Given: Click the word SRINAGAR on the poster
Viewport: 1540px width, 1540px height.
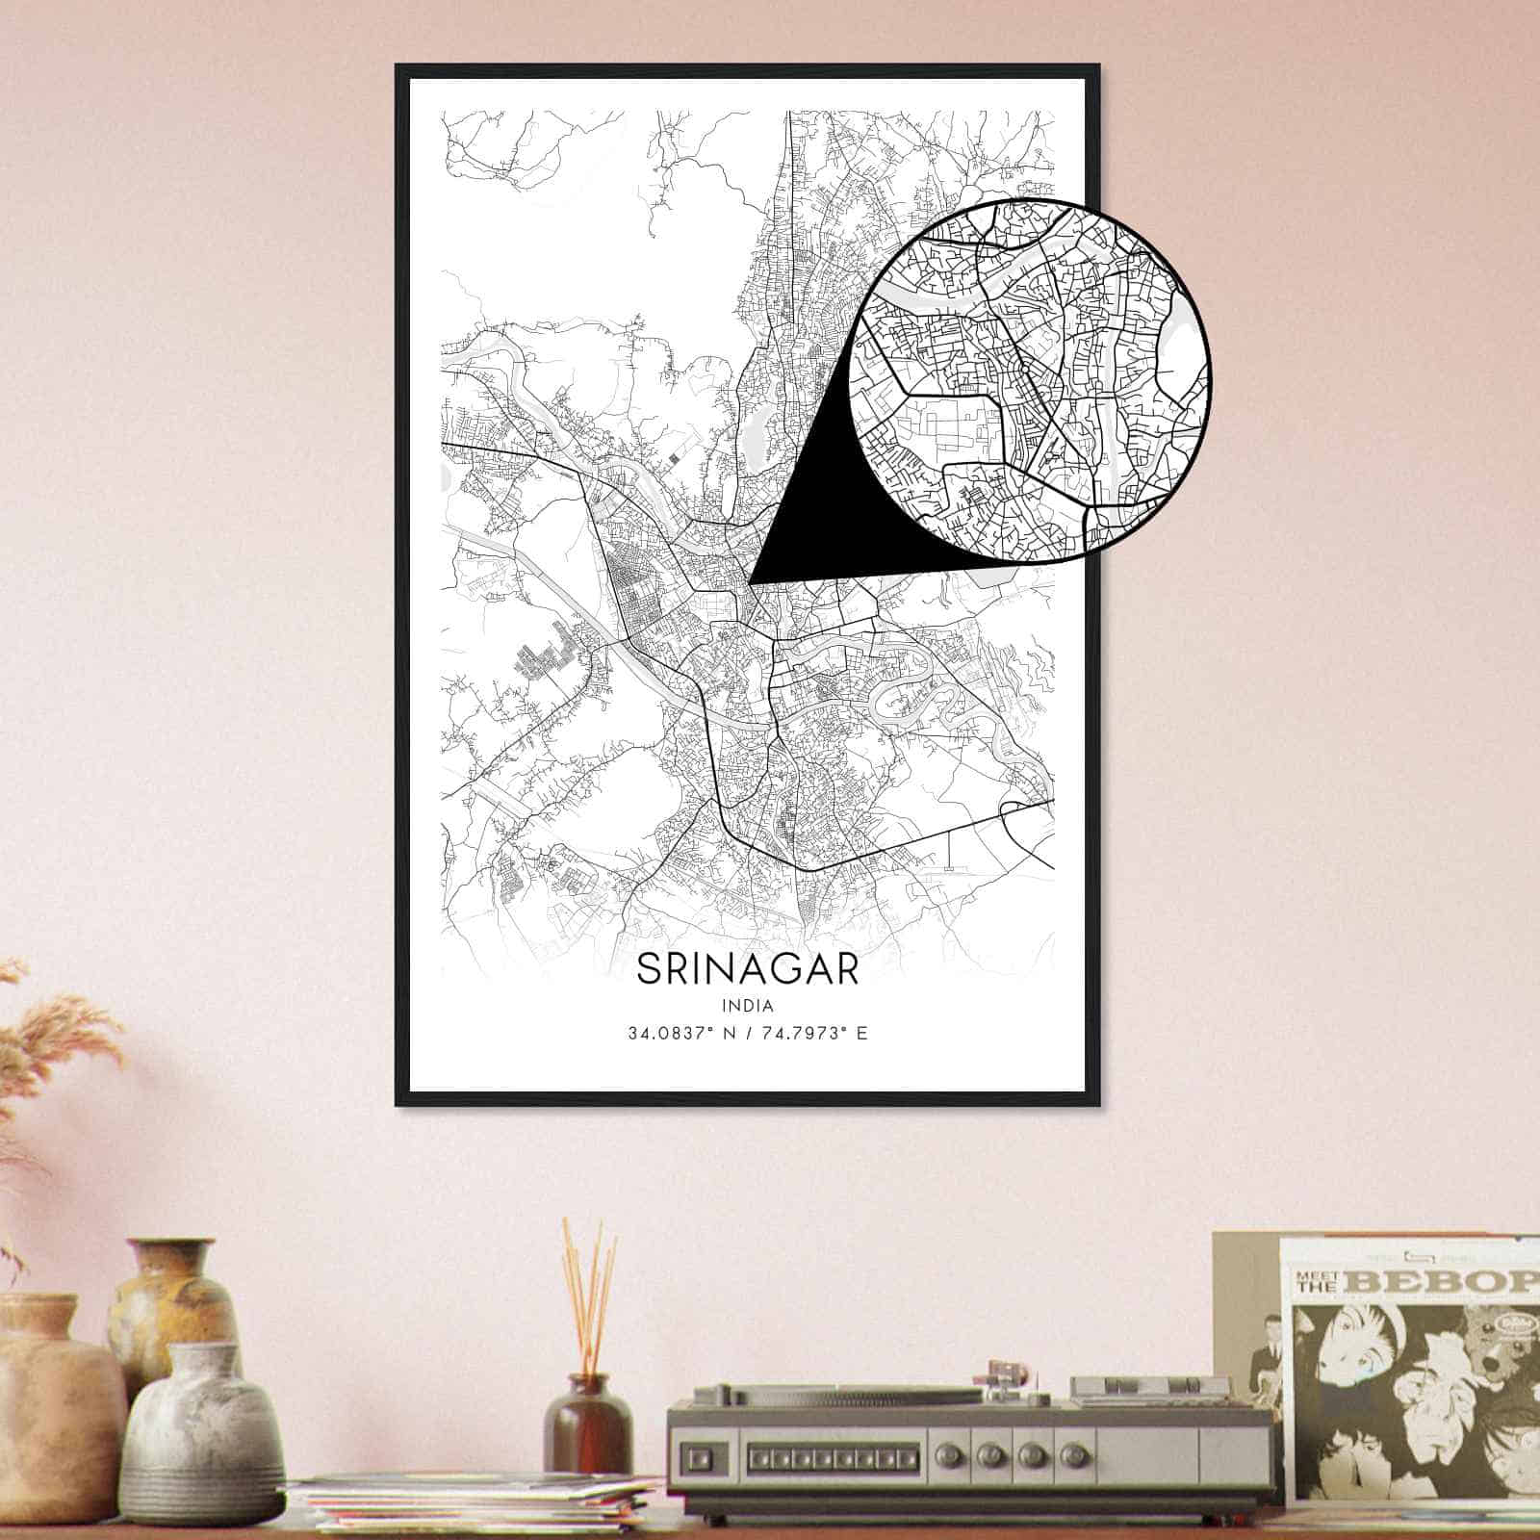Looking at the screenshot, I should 747,969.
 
